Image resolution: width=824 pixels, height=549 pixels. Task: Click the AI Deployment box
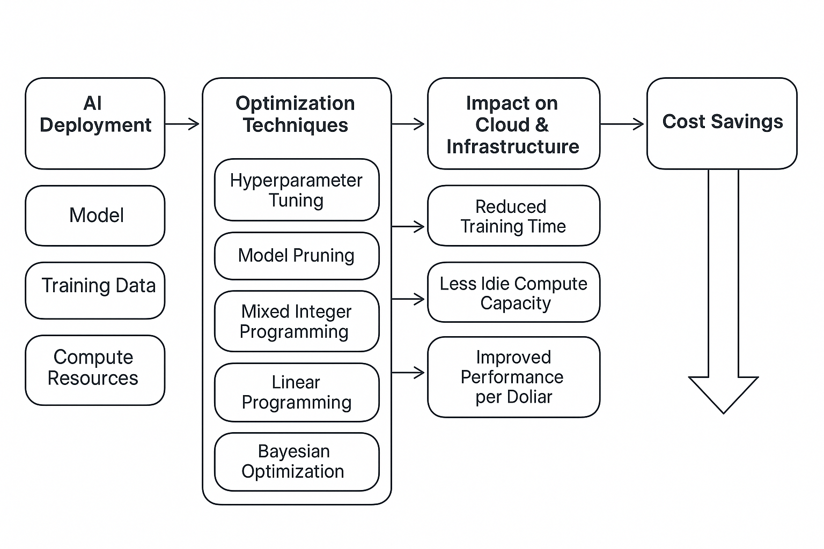pos(95,123)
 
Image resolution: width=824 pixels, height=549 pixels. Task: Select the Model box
pos(95,216)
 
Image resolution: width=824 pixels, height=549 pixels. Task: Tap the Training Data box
pos(95,291)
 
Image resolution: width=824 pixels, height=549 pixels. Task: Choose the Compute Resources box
pos(95,370)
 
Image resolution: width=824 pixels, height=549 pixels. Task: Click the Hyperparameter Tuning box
pos(297,190)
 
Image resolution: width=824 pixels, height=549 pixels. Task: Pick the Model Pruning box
pos(297,256)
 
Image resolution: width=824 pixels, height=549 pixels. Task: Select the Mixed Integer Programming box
pos(297,321)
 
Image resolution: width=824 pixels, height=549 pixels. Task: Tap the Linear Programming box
pos(297,392)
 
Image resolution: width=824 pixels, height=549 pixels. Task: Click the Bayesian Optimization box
pos(297,462)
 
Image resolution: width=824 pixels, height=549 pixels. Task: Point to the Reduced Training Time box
pos(513,216)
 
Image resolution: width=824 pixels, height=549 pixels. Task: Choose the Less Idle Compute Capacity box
pos(513,292)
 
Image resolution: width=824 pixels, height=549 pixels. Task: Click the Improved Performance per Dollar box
pos(513,377)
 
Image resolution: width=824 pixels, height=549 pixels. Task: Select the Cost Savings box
pos(722,123)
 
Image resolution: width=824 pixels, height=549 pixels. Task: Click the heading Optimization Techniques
pos(296,114)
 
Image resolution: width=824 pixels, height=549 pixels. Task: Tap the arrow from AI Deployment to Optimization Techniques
pos(182,124)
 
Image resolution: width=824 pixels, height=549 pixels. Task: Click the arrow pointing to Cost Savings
pos(622,124)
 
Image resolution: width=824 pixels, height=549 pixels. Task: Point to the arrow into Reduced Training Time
pos(408,226)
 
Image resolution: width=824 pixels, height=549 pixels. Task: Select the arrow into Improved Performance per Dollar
pos(408,373)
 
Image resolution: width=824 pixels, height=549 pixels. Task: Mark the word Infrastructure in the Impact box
pos(513,147)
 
